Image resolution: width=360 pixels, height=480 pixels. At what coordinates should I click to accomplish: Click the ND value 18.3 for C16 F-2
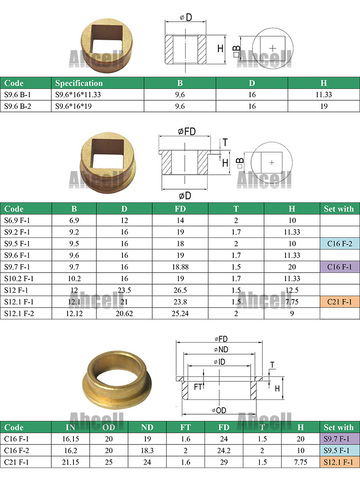pyautogui.click(x=148, y=451)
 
